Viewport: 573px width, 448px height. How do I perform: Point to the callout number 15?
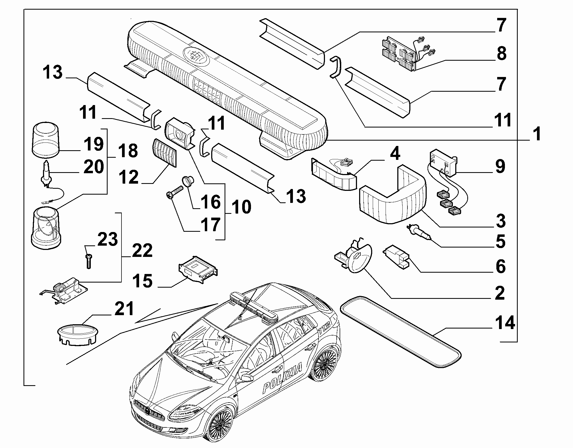coord(143,281)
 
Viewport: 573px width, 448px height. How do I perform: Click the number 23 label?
coord(108,239)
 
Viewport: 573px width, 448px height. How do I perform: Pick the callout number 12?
coord(129,177)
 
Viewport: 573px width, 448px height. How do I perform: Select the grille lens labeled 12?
coord(165,153)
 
